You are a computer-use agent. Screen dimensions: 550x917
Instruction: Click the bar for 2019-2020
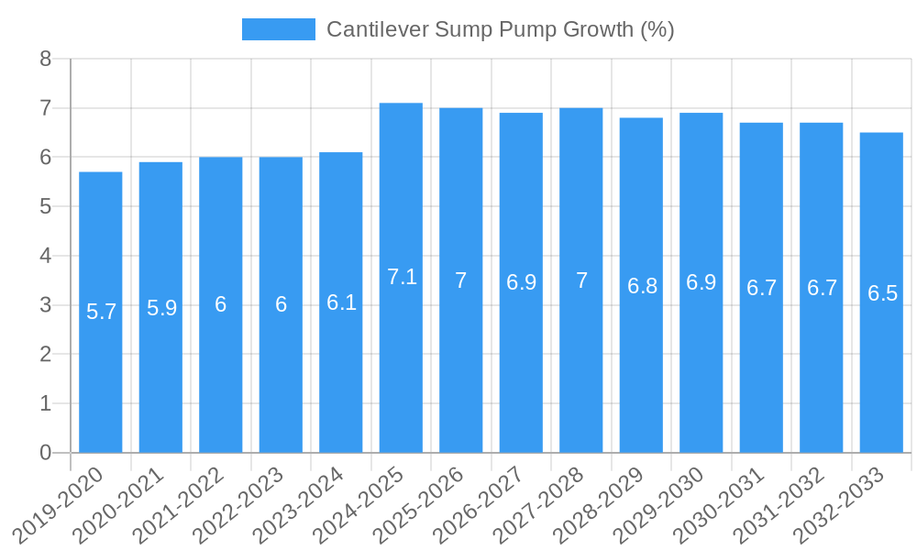click(101, 367)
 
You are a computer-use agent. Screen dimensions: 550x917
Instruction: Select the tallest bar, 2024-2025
click(401, 367)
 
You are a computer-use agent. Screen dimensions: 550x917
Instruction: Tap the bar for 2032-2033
click(881, 367)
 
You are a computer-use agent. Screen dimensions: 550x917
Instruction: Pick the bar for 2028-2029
click(641, 367)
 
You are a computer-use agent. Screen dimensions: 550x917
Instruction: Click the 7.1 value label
click(402, 277)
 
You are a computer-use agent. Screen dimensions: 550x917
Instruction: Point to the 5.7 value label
click(101, 312)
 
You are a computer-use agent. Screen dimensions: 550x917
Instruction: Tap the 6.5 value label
click(882, 293)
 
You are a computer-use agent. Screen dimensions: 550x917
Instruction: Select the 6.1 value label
click(341, 302)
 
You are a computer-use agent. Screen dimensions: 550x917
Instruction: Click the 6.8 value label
click(642, 286)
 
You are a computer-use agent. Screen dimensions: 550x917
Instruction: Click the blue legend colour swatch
click(278, 29)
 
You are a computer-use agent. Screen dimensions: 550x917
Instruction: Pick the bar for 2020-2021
click(160, 367)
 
